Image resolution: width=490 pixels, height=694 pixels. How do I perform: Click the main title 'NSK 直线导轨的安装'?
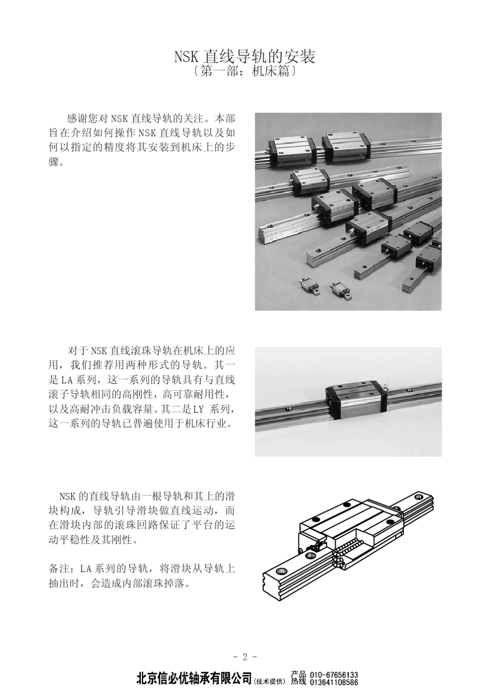[244, 56]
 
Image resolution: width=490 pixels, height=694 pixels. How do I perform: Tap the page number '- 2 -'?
[245, 657]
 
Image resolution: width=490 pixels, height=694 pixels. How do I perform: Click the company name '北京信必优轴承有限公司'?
[194, 678]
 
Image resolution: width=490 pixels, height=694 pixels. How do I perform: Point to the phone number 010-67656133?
[334, 674]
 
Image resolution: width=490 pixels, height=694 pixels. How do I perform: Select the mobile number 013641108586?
[334, 682]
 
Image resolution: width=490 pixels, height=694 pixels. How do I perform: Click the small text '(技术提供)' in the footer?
[270, 682]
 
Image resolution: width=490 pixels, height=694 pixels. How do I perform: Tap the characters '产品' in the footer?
[299, 674]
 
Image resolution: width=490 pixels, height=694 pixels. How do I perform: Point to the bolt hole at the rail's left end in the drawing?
[281, 572]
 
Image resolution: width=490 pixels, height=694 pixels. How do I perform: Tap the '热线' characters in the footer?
[299, 682]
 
